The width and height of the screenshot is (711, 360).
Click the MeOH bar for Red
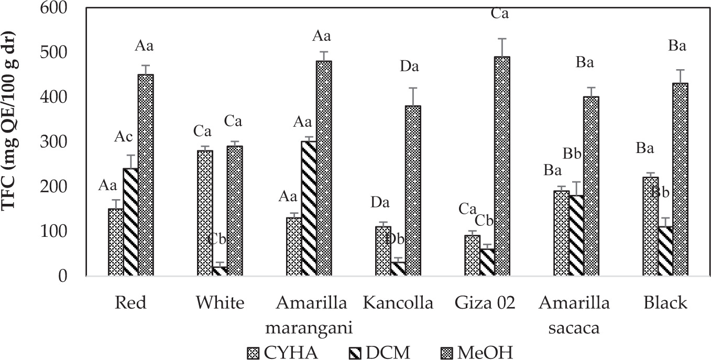pos(146,175)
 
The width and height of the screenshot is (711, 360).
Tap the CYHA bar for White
pos(205,213)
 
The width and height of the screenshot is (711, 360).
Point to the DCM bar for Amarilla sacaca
pos(576,235)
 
